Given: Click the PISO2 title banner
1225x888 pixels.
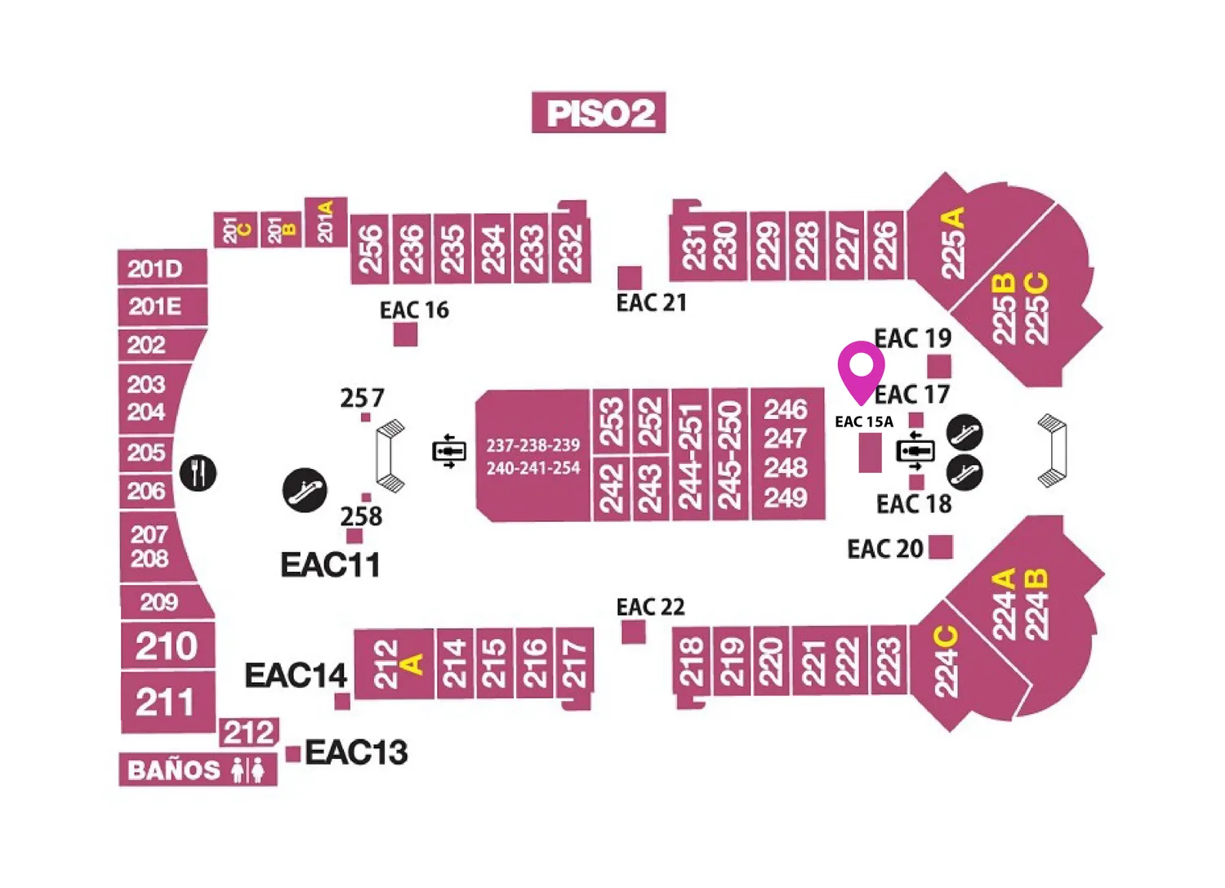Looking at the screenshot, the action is pos(599,112).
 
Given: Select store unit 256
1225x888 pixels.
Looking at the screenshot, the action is pos(370,249).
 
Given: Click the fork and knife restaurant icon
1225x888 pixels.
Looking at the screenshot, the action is pos(198,473).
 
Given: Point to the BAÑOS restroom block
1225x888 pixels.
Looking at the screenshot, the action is pos(198,770).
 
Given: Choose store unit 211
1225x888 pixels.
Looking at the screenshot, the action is pos(168,703).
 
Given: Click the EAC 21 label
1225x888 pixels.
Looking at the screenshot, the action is pos(652,302).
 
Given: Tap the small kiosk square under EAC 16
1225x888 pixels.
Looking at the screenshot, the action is pos(406,334).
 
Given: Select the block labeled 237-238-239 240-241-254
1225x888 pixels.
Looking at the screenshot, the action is pos(533,456).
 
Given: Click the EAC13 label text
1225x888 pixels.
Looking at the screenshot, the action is pos(357,752).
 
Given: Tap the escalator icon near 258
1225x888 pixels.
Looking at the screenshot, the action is pos(305,490).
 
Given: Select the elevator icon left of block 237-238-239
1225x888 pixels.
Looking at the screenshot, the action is pos(449,452).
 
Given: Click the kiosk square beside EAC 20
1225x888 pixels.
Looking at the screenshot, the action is pos(941,547).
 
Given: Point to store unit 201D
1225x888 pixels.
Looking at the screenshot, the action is pos(163,268).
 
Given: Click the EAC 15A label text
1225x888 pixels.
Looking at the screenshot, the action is pos(864,422).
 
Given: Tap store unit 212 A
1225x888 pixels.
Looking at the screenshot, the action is pos(394,664).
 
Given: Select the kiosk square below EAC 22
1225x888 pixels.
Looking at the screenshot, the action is pos(633,632).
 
